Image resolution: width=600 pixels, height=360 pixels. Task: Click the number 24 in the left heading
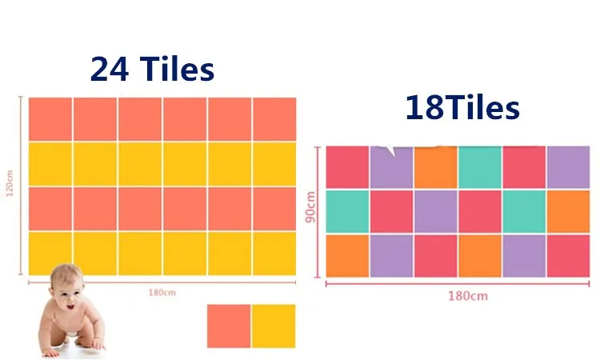coord(110,69)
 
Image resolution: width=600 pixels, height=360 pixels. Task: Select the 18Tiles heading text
coord(462,107)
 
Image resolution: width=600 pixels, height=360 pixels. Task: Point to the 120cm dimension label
coord(10,183)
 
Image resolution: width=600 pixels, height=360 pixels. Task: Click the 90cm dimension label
coord(310,207)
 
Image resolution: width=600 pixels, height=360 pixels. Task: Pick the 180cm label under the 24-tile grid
coord(162,293)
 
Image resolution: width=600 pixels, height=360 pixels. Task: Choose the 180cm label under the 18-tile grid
coord(468,296)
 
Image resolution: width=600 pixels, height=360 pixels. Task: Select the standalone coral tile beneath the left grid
coord(229,326)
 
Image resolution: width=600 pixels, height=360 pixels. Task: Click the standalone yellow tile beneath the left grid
coord(274,326)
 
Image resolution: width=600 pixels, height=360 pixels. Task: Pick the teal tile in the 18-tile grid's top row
coord(480,167)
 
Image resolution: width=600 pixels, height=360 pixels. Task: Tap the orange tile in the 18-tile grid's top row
coord(436,167)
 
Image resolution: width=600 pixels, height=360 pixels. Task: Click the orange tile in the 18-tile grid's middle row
coord(568,211)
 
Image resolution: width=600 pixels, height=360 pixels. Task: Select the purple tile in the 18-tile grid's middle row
coord(436,211)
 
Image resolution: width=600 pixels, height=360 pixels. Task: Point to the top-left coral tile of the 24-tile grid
coord(50,119)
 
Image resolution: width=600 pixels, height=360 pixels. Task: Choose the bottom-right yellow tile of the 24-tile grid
coord(274,254)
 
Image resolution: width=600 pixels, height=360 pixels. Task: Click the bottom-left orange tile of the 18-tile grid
coord(347,256)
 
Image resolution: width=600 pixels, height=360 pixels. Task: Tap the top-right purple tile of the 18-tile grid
coord(568,167)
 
